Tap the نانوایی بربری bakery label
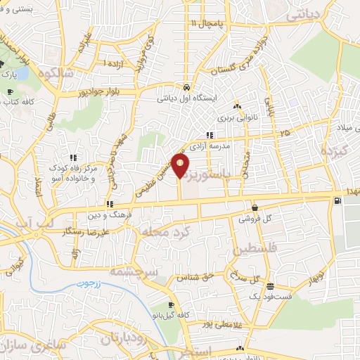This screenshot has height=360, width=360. coord(245,119)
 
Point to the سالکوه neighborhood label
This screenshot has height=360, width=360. coord(56,72)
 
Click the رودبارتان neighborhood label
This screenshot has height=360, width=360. coord(116,338)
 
